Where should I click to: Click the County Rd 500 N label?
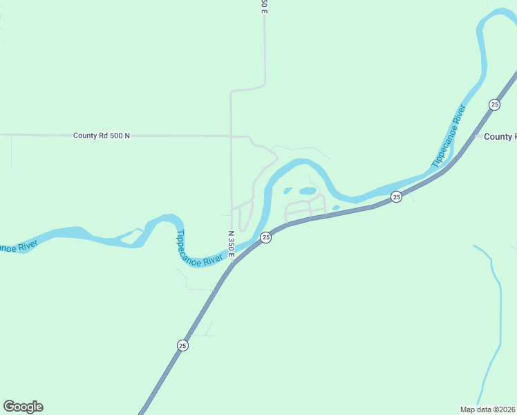click(x=102, y=136)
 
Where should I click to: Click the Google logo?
click(x=23, y=407)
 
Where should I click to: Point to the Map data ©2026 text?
click(x=488, y=409)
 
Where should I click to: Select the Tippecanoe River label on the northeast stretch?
click(x=449, y=135)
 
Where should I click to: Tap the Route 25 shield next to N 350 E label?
click(x=265, y=237)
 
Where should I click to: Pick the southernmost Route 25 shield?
click(x=182, y=345)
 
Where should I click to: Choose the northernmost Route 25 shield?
click(x=494, y=104)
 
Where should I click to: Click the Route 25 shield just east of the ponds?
click(x=396, y=197)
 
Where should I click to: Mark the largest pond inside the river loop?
click(x=308, y=191)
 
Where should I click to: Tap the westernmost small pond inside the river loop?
click(x=288, y=191)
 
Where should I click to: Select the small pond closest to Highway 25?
click(x=336, y=207)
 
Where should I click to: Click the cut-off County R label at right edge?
click(x=500, y=137)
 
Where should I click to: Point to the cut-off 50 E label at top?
click(x=263, y=6)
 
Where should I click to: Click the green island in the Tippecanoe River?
click(x=129, y=237)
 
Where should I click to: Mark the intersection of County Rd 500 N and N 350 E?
click(x=231, y=136)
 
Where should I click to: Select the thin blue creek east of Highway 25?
click(x=496, y=311)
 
